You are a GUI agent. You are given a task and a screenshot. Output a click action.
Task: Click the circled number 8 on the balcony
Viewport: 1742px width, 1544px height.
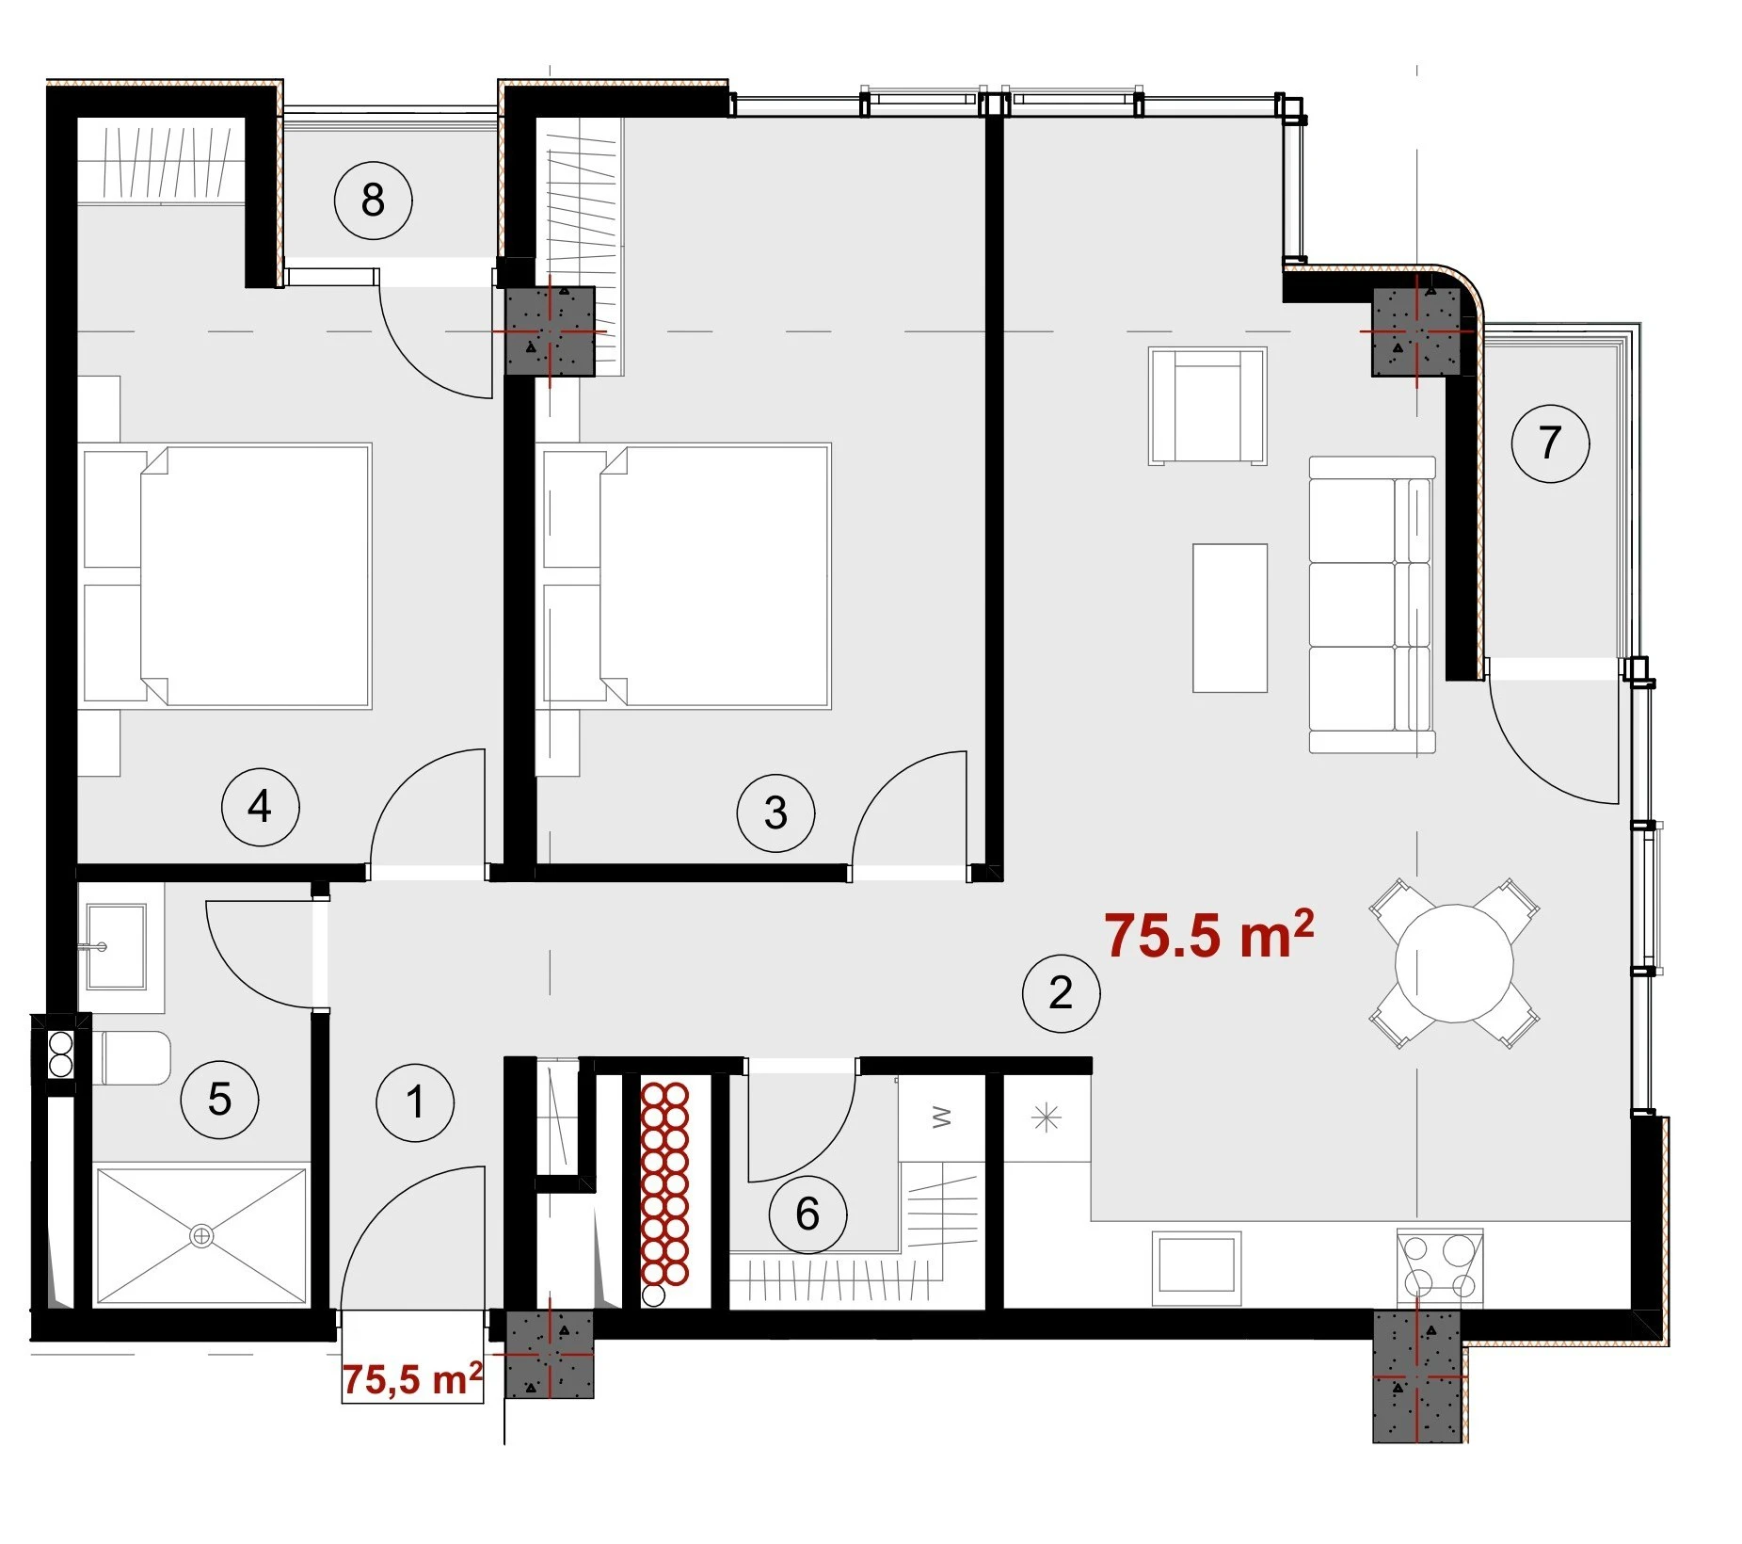[x=374, y=200]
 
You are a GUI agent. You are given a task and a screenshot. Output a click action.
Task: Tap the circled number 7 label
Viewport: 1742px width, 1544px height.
[x=1550, y=442]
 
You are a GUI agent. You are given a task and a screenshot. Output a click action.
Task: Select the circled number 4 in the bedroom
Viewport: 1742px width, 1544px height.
[x=259, y=807]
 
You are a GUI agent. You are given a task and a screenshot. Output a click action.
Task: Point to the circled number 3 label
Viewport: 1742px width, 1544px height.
[x=775, y=812]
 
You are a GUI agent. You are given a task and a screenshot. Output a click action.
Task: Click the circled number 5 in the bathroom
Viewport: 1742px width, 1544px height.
[x=219, y=1099]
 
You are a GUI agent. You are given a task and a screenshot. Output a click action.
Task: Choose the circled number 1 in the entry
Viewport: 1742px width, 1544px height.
[x=415, y=1102]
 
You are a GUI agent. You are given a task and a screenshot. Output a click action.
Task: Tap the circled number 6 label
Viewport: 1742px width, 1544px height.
[x=807, y=1214]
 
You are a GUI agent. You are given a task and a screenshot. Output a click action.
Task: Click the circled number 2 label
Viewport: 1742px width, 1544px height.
[x=1061, y=993]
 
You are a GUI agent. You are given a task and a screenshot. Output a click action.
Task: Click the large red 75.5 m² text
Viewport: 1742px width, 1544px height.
[x=1209, y=935]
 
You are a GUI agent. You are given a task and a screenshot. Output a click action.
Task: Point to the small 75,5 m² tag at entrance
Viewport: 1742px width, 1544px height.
[x=412, y=1378]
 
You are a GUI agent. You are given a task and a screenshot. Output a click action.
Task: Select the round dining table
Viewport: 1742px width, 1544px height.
[x=1454, y=963]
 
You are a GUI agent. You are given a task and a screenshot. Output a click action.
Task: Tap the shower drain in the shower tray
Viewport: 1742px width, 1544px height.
[x=200, y=1236]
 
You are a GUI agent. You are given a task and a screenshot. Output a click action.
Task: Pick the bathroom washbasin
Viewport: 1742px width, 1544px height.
[x=116, y=945]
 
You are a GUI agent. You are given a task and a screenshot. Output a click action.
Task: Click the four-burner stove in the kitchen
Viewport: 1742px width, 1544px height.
[x=1440, y=1267]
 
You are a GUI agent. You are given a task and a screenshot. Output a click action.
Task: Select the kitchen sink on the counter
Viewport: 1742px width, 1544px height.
[x=1196, y=1267]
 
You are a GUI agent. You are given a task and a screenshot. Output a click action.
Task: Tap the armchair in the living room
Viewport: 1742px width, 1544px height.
[x=1207, y=406]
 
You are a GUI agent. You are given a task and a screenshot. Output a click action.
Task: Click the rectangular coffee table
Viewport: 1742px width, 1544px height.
[x=1230, y=618]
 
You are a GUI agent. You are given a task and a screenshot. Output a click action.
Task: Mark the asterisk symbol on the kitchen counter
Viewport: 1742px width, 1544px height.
[x=1047, y=1118]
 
